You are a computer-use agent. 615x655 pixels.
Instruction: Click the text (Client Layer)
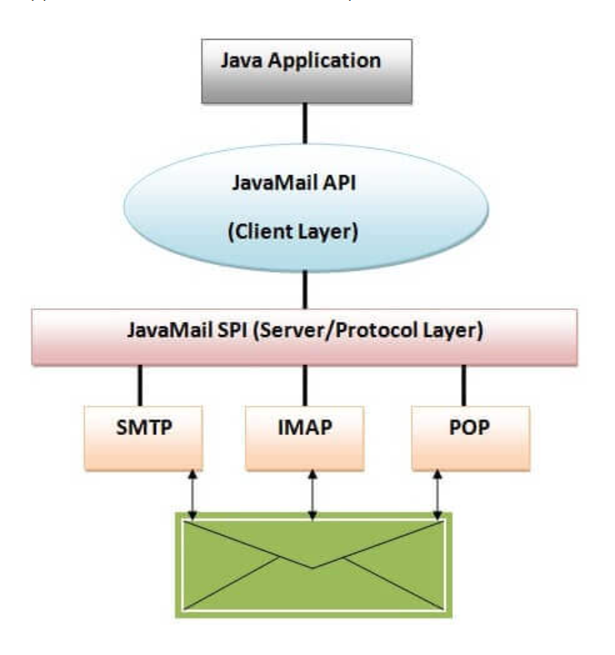pyautogui.click(x=293, y=233)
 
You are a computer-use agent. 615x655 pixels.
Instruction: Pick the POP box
pyautogui.click(x=471, y=437)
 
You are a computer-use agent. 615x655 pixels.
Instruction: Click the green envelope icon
pyautogui.click(x=312, y=565)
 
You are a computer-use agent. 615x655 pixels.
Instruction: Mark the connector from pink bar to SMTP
pyautogui.click(x=140, y=385)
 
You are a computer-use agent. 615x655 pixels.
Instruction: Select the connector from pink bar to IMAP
pyautogui.click(x=305, y=385)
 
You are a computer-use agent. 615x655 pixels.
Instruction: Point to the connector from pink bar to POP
pyautogui.click(x=464, y=385)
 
